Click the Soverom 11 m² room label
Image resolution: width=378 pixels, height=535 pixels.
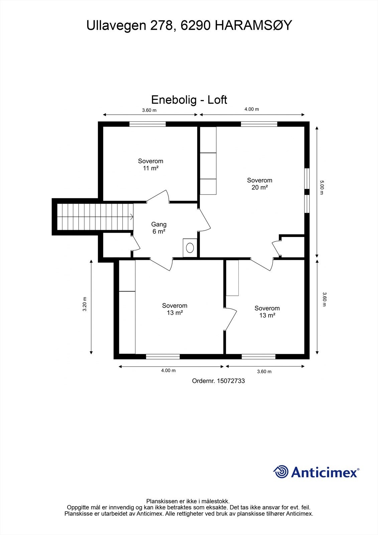point(150,165)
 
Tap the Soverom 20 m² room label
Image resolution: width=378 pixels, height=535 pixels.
point(259,184)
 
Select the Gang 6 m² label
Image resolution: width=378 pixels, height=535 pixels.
point(159,228)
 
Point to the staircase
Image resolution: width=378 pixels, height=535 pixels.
point(95,217)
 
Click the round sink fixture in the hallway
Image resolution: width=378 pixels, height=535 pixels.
point(190,248)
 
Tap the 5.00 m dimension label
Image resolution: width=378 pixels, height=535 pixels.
point(322,188)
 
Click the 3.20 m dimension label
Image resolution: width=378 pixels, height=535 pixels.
point(85,304)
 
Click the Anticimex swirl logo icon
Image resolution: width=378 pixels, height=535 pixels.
point(281,472)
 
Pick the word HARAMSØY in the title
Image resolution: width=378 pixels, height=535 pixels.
point(253,25)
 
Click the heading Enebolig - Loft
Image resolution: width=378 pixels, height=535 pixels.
point(189,100)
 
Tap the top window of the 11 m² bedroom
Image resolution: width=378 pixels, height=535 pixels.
point(147,124)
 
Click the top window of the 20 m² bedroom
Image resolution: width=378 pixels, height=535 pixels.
point(259,124)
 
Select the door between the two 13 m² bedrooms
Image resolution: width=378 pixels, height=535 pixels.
point(231,319)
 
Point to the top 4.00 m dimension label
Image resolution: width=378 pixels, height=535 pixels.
point(252,109)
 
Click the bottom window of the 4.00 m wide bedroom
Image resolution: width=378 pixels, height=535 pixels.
point(163,356)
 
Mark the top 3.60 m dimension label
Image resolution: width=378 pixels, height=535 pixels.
point(149,110)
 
